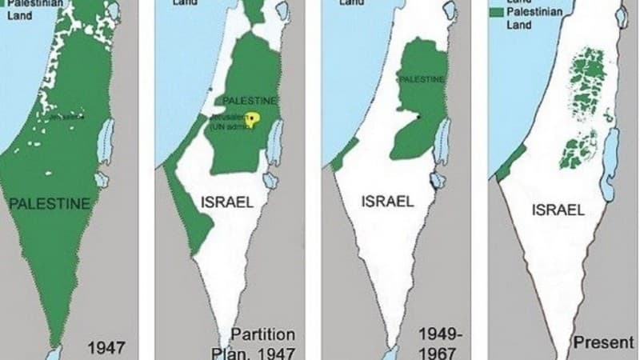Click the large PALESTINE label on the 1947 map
[x=49, y=205]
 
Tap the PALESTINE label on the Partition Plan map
[x=250, y=101]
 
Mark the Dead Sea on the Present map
[x=610, y=157]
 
